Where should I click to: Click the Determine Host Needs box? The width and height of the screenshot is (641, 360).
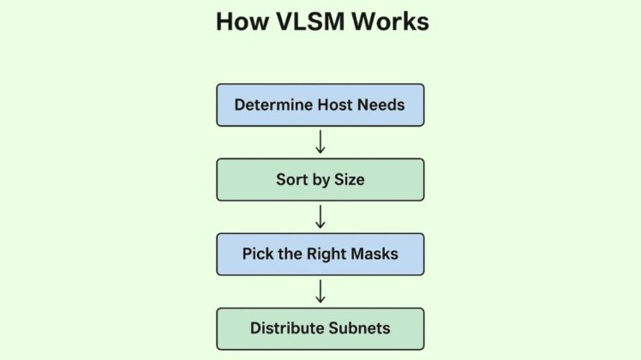320,105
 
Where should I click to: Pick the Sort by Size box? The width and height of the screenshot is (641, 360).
320,179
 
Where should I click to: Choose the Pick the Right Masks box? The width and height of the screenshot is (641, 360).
320,254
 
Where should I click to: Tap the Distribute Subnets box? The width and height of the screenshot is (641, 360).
320,328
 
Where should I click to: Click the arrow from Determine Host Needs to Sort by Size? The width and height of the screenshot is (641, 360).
320,141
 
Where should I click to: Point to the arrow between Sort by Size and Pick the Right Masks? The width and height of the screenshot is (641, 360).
320,216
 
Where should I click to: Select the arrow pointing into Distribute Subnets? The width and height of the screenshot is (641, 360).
320,291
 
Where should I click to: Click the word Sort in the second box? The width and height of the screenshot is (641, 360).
291,180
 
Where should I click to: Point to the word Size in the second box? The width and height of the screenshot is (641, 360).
349,180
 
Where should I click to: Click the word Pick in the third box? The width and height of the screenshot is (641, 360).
256,255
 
